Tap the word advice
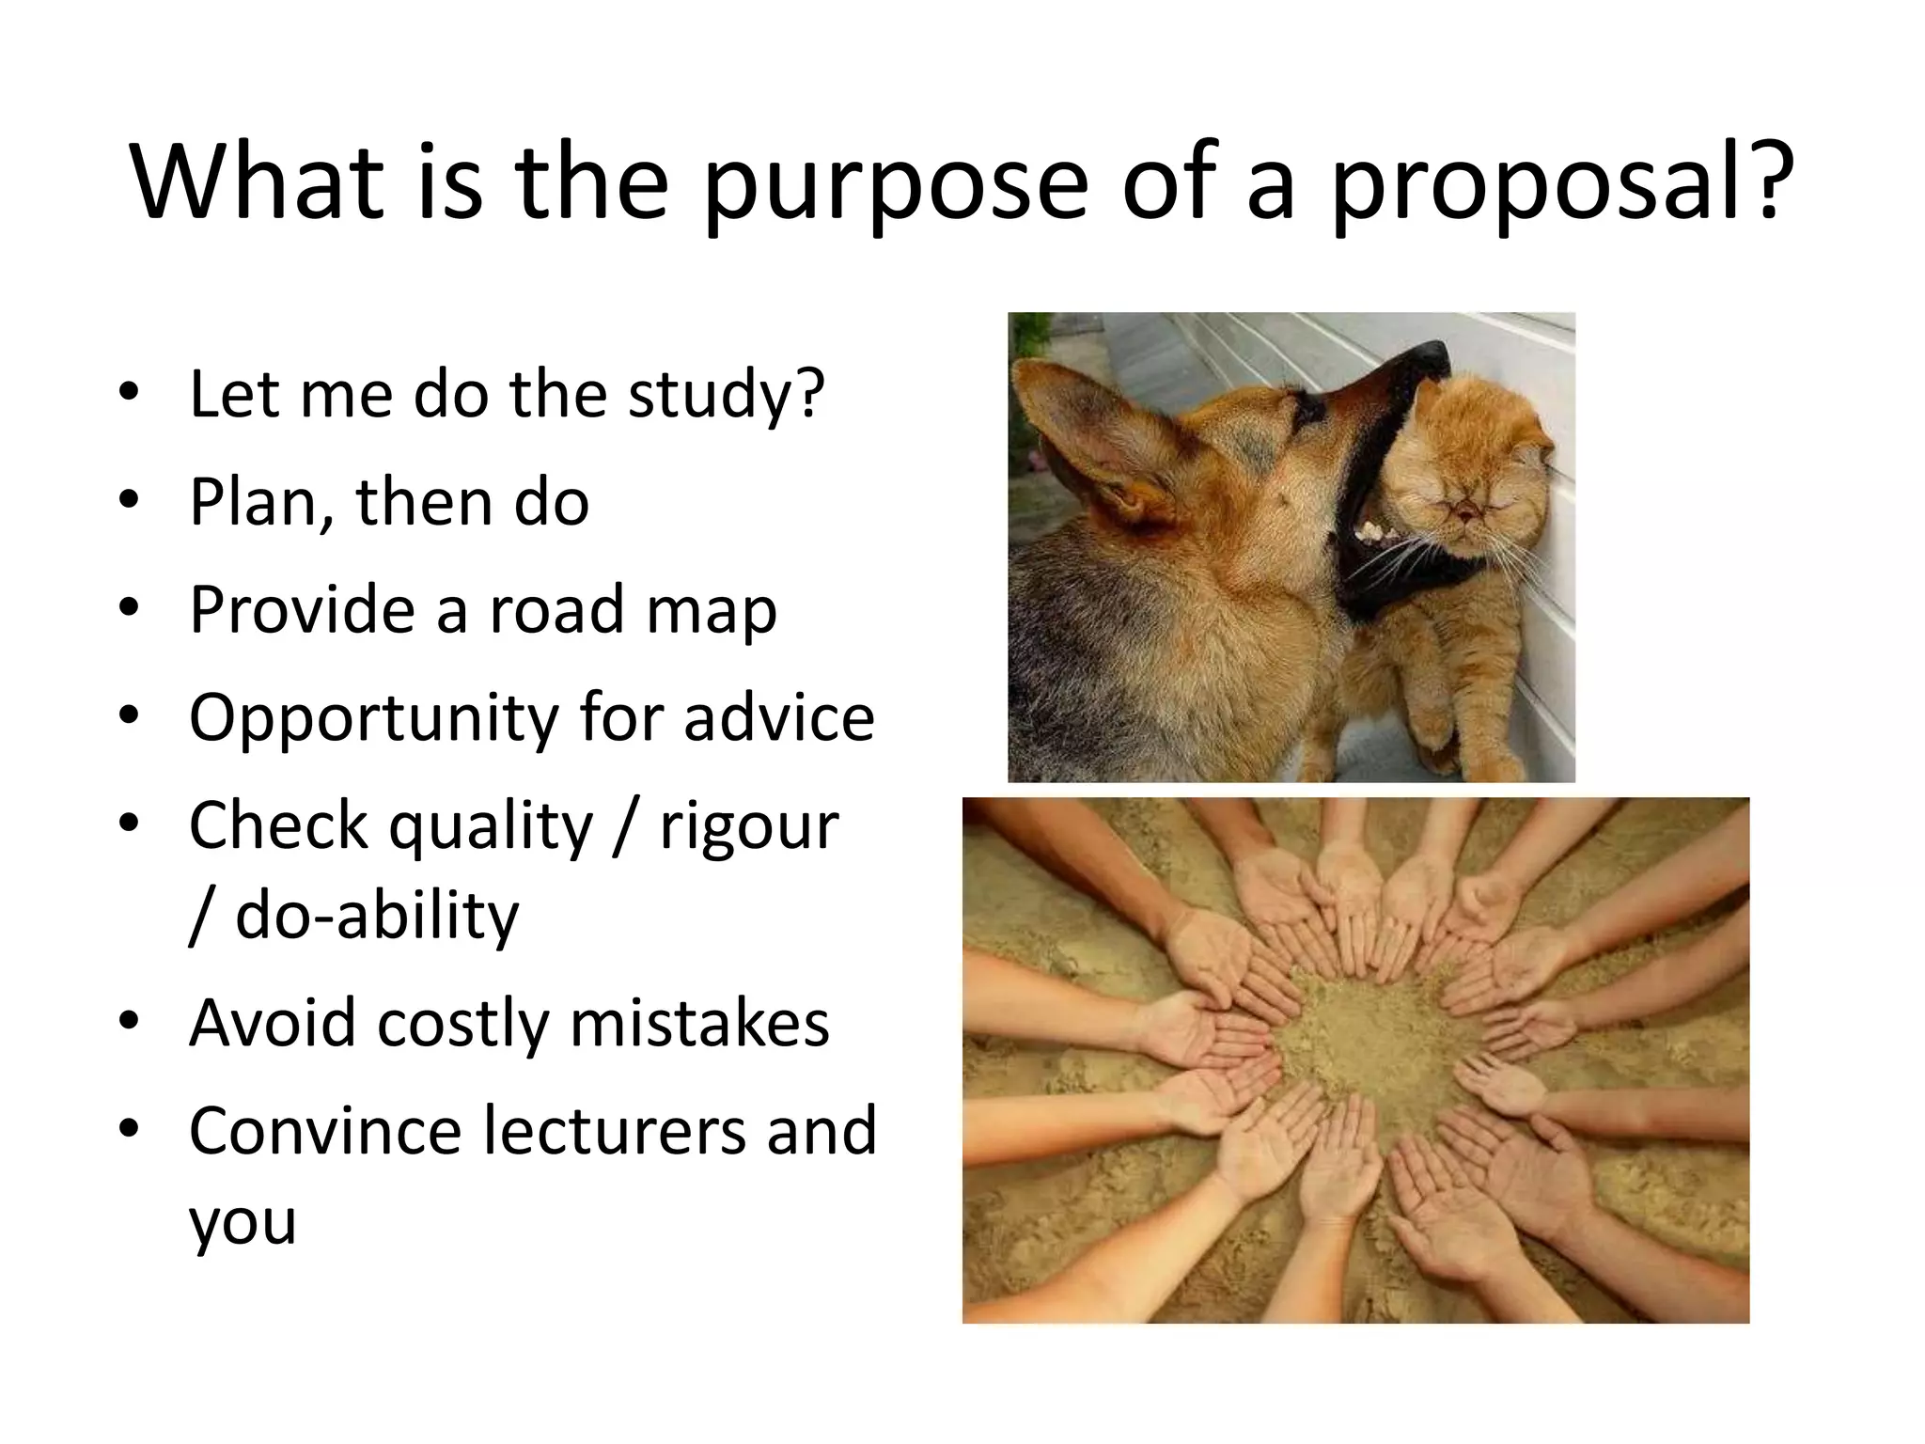point(779,717)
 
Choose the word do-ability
point(376,917)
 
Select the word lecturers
point(615,1130)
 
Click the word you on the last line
point(243,1222)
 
